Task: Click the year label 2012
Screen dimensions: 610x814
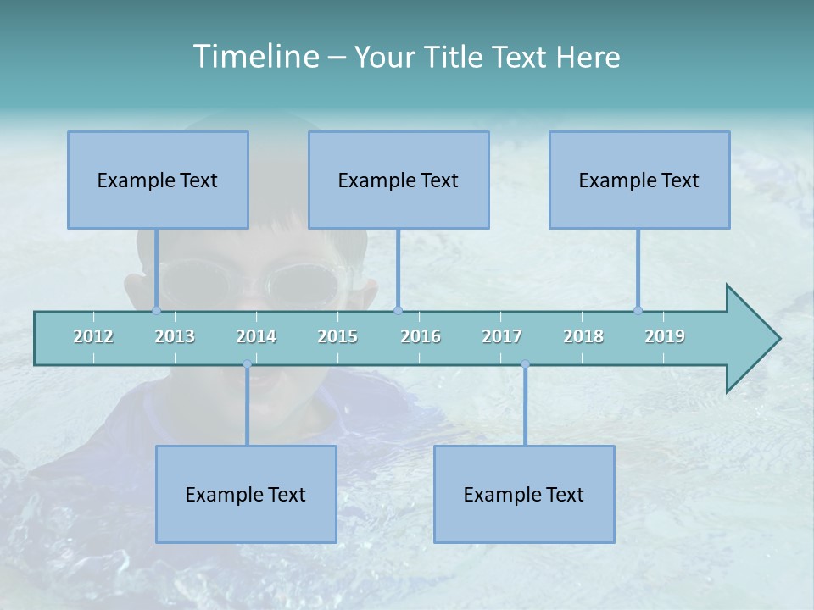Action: (93, 336)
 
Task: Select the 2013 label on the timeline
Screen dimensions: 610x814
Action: (175, 336)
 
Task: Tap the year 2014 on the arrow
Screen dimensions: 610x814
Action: (256, 336)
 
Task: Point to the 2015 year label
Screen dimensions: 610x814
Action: (337, 336)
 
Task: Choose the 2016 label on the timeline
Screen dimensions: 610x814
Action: (421, 336)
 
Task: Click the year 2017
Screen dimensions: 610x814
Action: (502, 336)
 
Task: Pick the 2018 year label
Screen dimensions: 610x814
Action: (583, 336)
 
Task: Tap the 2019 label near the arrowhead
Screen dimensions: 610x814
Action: (665, 336)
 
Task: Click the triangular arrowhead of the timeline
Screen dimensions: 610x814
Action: (751, 339)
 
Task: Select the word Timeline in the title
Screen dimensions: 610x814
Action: (255, 57)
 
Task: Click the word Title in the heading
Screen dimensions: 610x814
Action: (456, 57)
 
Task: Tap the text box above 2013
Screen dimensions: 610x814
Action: (158, 180)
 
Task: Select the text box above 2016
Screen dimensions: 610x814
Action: (399, 180)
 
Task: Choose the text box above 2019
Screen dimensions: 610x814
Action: (639, 180)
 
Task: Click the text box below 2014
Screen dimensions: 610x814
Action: (246, 494)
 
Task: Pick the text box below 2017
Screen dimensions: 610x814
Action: (524, 494)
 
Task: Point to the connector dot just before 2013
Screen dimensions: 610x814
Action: (156, 310)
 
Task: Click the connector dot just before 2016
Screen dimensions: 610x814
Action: (398, 310)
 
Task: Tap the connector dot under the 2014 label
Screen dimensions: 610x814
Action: (247, 364)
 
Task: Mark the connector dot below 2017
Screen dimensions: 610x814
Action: (525, 364)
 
